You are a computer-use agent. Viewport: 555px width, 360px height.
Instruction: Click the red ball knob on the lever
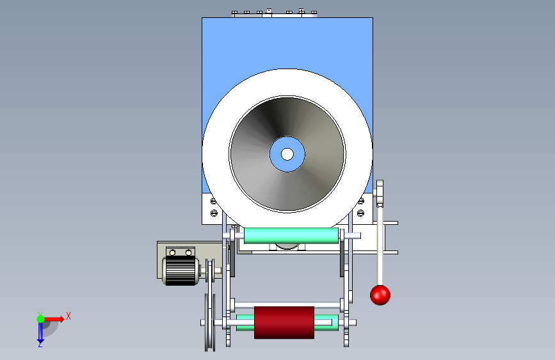point(380,295)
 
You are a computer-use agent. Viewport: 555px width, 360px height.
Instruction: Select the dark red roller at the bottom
point(284,322)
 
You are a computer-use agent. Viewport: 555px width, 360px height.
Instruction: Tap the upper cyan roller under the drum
point(291,236)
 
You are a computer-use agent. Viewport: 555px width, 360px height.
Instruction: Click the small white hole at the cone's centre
point(287,154)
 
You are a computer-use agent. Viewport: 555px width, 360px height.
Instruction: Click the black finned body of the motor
point(180,270)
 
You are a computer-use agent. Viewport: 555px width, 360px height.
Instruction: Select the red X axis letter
point(68,316)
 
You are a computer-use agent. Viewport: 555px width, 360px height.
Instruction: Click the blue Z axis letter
point(40,344)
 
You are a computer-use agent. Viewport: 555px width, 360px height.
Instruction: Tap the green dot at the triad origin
point(40,319)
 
